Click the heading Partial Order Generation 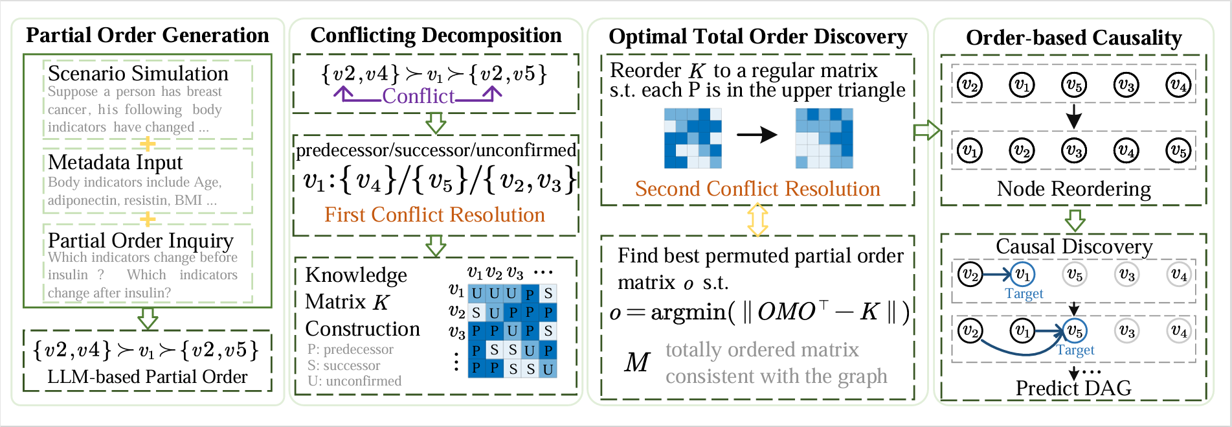pyautogui.click(x=148, y=35)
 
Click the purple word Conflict pyautogui.click(x=418, y=96)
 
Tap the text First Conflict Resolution pyautogui.click(x=434, y=214)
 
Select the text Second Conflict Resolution pyautogui.click(x=757, y=189)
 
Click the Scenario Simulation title pyautogui.click(x=138, y=73)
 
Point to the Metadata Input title pyautogui.click(x=115, y=162)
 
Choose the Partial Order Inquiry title pyautogui.click(x=140, y=240)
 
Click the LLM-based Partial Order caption pyautogui.click(x=148, y=376)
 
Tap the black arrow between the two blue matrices pyautogui.click(x=757, y=135)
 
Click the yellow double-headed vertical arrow pyautogui.click(x=757, y=220)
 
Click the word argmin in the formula pyautogui.click(x=688, y=312)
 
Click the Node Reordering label pyautogui.click(x=1073, y=189)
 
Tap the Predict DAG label pyautogui.click(x=1073, y=387)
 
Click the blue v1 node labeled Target pyautogui.click(x=1022, y=275)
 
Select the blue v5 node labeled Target pyautogui.click(x=1074, y=331)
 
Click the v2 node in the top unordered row pyautogui.click(x=970, y=85)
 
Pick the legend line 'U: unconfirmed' pyautogui.click(x=354, y=381)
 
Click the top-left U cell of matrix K pyautogui.click(x=476, y=294)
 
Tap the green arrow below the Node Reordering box pyautogui.click(x=1075, y=220)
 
